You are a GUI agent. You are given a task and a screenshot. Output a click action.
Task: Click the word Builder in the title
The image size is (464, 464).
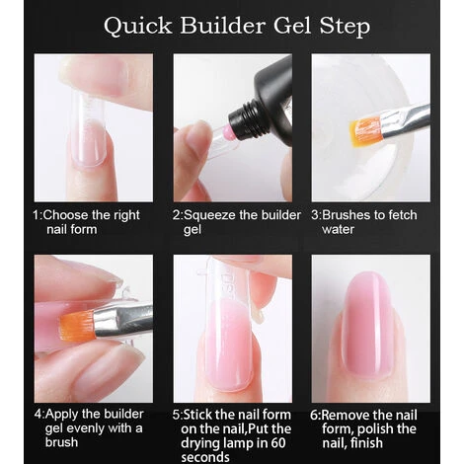223,26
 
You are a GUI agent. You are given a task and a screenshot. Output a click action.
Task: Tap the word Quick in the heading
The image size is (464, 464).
138,27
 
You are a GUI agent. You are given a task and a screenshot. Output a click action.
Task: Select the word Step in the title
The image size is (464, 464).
345,27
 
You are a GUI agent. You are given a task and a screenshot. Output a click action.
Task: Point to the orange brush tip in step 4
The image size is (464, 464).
77,326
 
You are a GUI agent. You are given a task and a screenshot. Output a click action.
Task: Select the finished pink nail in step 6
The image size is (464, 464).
366,325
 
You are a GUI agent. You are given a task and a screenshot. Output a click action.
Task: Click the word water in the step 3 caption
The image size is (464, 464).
338,229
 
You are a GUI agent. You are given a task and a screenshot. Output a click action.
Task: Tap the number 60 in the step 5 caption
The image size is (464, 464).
278,442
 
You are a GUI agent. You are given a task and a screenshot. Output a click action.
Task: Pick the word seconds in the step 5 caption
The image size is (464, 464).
205,457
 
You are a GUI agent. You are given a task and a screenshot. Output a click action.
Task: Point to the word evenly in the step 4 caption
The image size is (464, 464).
83,428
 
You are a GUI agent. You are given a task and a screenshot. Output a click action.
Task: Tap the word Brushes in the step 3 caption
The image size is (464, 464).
346,215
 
